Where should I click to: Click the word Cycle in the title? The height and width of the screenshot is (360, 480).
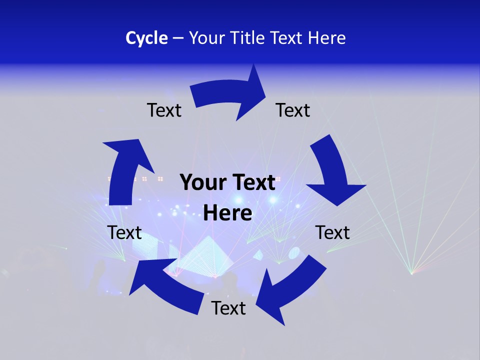146,38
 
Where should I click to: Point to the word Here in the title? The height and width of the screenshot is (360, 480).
326,38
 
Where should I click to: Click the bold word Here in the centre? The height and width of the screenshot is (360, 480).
227,213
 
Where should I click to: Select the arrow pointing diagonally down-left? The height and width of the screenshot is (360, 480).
290,290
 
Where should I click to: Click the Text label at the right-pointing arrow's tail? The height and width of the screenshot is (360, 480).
164,110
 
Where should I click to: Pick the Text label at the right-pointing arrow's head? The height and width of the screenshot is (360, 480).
293,110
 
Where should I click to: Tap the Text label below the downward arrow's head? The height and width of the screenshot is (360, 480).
332,232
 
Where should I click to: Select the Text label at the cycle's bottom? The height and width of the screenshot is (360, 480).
228,308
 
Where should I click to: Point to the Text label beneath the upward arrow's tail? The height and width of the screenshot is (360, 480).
124,232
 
